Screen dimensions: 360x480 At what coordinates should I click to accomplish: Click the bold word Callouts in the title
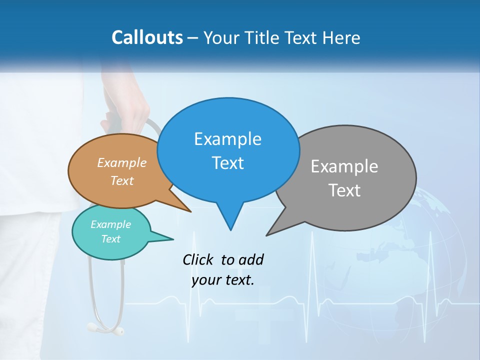pos(147,37)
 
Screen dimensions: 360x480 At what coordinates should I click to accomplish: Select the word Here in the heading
pos(342,37)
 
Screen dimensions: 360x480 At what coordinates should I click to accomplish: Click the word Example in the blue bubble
pos(227,139)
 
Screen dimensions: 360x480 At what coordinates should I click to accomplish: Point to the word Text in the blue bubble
pos(227,163)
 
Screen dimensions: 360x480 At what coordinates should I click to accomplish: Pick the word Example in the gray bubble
pos(344,166)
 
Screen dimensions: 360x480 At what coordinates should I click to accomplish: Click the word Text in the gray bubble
pos(344,190)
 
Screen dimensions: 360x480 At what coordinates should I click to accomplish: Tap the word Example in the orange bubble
pos(122,163)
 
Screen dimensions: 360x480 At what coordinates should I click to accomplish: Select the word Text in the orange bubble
pos(122,180)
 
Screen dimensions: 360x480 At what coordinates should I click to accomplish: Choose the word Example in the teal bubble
pos(110,224)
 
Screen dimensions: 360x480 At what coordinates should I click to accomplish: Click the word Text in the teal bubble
pos(110,239)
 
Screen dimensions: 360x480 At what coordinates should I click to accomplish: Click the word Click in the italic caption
pos(199,259)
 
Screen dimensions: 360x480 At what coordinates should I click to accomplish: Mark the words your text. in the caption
pos(223,280)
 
